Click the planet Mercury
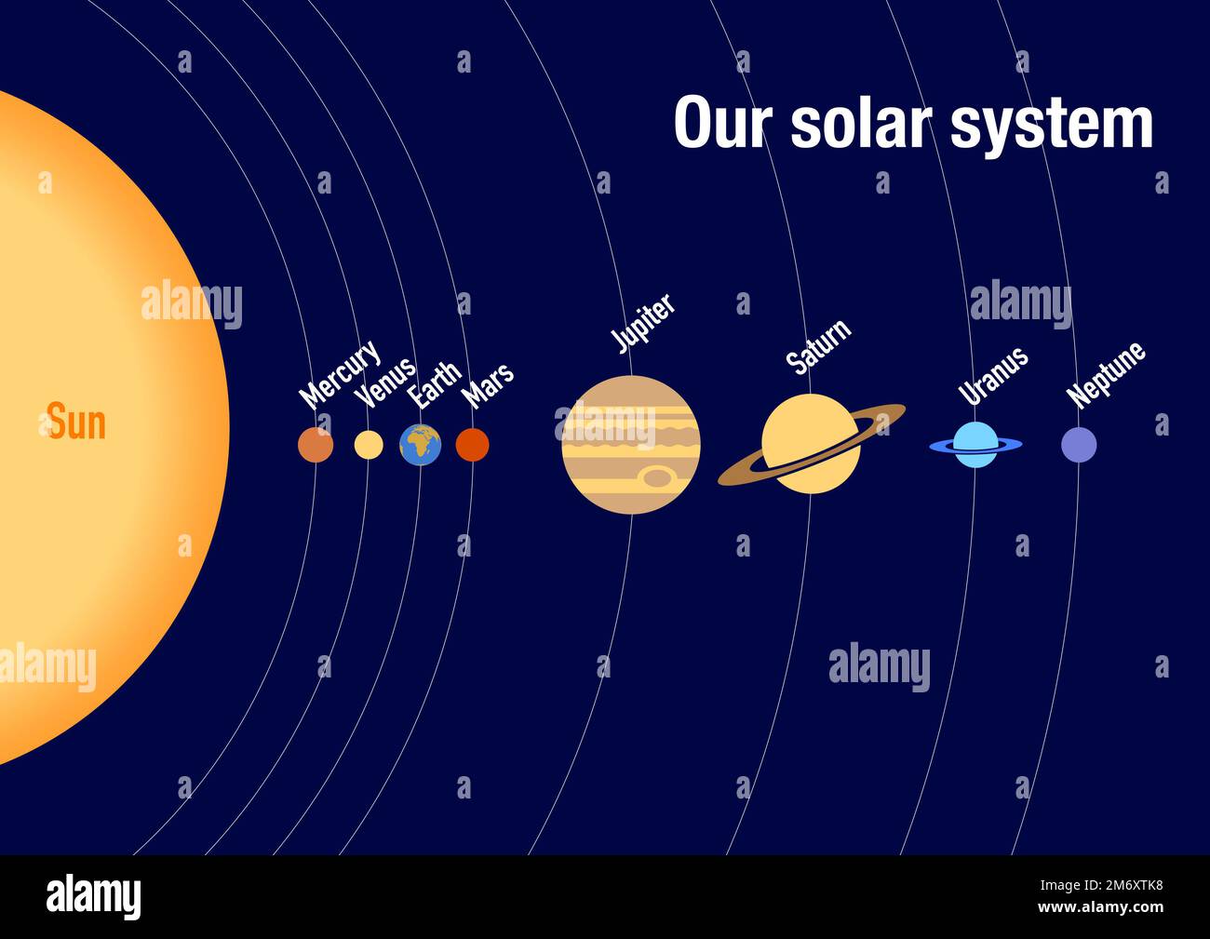(x=316, y=445)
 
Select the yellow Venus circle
(x=369, y=445)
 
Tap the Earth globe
(x=421, y=445)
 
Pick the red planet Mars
(x=473, y=445)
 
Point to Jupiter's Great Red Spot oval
(x=658, y=477)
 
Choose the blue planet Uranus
(x=975, y=445)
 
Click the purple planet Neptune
(x=1079, y=445)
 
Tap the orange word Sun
(x=76, y=422)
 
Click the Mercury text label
(x=340, y=374)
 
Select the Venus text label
(x=385, y=382)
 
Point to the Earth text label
(x=436, y=384)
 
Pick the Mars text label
(x=489, y=385)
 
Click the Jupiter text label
(x=643, y=324)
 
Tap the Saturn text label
(x=818, y=347)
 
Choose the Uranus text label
(x=993, y=375)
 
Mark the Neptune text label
(x=1106, y=375)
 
